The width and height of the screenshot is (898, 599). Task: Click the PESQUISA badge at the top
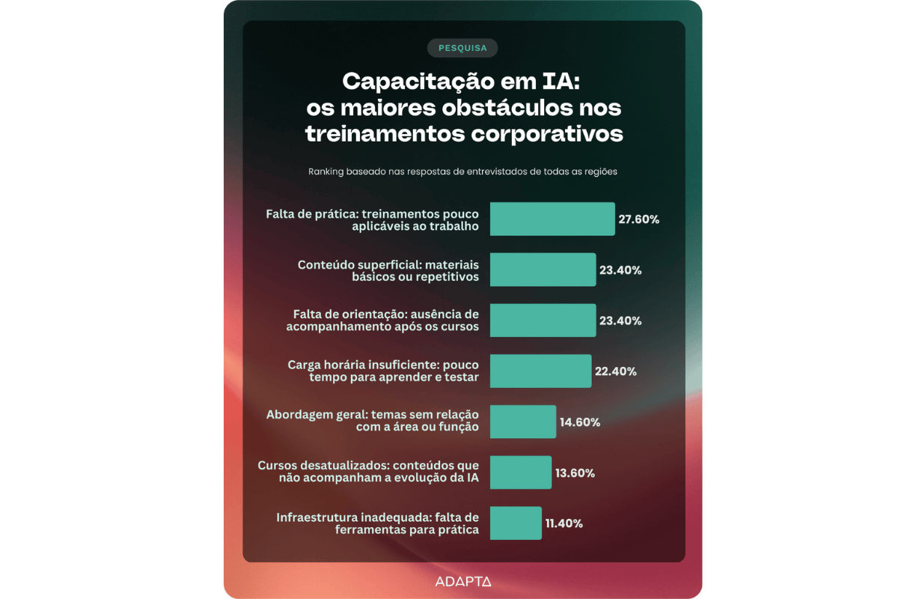462,48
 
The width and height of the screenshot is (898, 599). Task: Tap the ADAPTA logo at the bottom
462,581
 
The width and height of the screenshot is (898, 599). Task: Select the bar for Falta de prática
552,219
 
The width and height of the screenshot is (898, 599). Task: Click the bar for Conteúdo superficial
543,270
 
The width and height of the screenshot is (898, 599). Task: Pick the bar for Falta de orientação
543,320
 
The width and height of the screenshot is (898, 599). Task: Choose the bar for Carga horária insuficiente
540,371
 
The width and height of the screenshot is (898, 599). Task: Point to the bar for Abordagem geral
523,422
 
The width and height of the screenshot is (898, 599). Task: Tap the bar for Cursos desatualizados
521,472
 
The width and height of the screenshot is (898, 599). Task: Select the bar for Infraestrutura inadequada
516,523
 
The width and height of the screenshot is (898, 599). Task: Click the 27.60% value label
638,219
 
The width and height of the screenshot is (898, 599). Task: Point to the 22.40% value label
616,371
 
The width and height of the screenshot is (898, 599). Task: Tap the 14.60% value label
579,422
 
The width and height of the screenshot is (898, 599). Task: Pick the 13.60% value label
575,473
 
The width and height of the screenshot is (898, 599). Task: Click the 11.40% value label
564,523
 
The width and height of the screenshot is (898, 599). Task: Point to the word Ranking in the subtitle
327,171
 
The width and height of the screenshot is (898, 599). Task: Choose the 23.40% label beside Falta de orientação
620,320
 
